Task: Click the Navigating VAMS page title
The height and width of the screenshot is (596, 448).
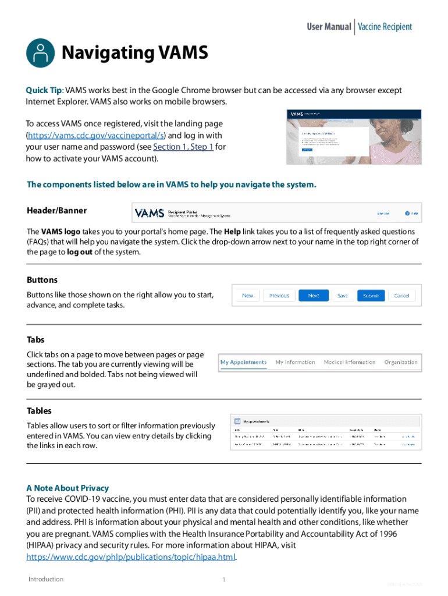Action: (x=134, y=54)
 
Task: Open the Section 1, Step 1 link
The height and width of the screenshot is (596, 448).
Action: (x=183, y=147)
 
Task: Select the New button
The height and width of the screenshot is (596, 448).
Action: (x=247, y=296)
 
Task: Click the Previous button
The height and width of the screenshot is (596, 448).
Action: (x=279, y=296)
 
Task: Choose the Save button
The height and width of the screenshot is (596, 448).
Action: (x=343, y=296)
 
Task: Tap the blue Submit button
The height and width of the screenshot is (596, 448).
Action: (x=371, y=296)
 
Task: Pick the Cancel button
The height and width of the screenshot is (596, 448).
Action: (x=402, y=296)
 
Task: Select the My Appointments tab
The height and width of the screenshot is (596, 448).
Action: (x=243, y=362)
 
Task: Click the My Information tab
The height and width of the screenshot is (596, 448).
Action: (x=295, y=362)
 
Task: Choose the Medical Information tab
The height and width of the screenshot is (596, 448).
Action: (x=349, y=362)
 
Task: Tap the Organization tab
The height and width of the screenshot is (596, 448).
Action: (x=401, y=362)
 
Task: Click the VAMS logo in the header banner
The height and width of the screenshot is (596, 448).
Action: (x=149, y=213)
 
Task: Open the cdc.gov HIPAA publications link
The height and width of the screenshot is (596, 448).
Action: (x=131, y=557)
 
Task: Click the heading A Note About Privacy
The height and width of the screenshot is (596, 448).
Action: (x=67, y=488)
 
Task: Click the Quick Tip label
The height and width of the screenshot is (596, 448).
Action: (x=44, y=90)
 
